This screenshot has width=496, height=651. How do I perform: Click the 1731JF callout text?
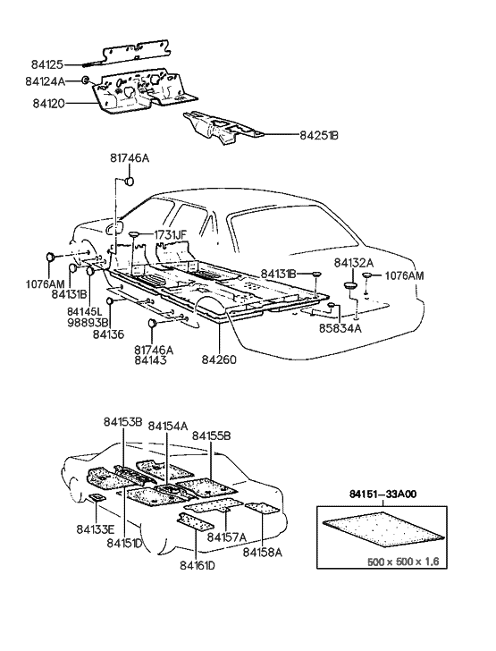coord(170,235)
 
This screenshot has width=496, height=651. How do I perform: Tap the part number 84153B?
coord(123,422)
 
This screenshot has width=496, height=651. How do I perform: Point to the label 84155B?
coord(212,435)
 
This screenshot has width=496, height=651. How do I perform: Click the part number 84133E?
coord(95,528)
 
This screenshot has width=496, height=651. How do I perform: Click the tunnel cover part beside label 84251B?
coord(220,127)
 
